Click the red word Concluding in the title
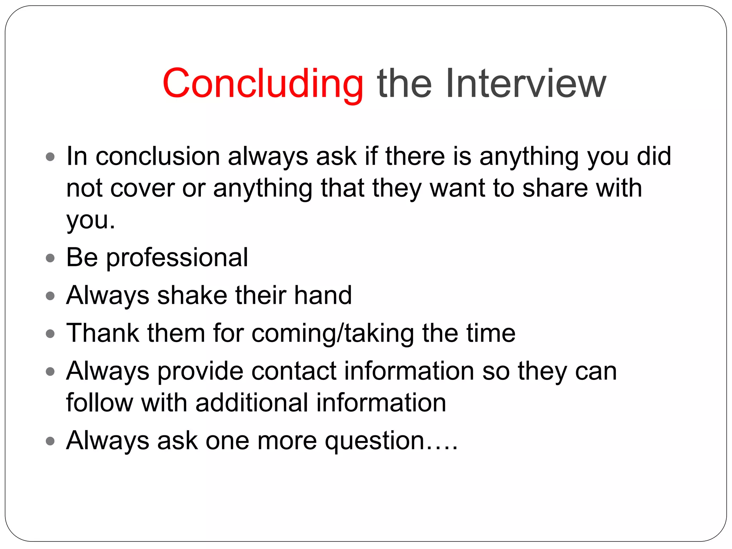(x=263, y=84)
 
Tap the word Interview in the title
(x=525, y=84)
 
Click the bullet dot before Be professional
(x=50, y=258)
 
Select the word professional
(x=177, y=258)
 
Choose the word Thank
(x=103, y=333)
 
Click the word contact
(x=294, y=371)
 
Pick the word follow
(x=100, y=403)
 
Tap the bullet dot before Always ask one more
(x=50, y=441)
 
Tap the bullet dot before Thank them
(x=50, y=334)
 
